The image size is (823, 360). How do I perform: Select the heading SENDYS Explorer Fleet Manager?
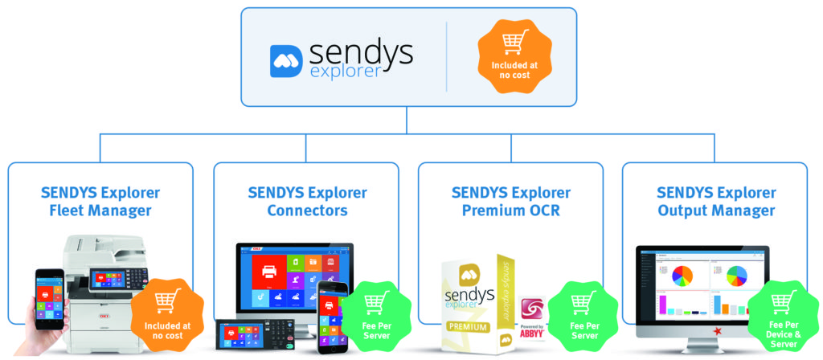[100, 202]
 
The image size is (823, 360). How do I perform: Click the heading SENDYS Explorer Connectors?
[306, 202]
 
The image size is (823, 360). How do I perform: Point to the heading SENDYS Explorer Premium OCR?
[511, 202]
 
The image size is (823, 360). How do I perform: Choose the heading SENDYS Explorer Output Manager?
[716, 202]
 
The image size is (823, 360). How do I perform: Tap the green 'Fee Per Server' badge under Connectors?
[376, 313]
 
